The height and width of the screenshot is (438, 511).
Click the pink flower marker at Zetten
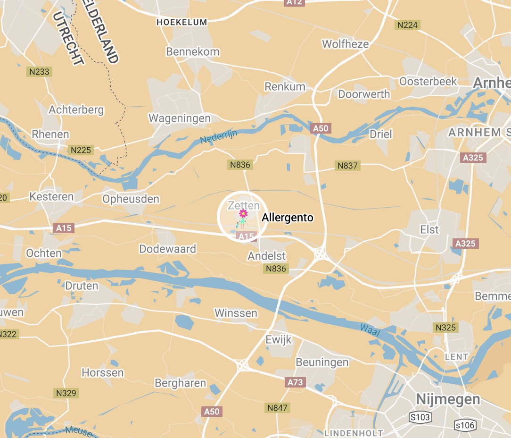click(x=243, y=214)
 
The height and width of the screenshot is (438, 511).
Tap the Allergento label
click(x=287, y=218)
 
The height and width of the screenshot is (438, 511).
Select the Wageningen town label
click(x=180, y=118)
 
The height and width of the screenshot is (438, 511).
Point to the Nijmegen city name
click(x=448, y=399)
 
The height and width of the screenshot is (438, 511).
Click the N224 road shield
click(x=408, y=25)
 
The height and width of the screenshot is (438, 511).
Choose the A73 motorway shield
click(x=295, y=382)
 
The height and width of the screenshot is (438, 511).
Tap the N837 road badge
click(x=347, y=166)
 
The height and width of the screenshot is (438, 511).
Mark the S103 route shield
click(x=420, y=418)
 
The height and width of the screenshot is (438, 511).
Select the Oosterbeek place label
click(x=428, y=81)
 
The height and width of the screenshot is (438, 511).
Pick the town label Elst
click(x=429, y=229)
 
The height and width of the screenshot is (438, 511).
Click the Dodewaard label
click(x=167, y=249)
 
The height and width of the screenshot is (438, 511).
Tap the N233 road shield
click(x=40, y=72)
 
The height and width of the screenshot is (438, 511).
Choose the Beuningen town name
click(x=322, y=362)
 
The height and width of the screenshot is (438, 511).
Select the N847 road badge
click(x=277, y=407)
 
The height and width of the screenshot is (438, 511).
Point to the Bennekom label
click(x=193, y=51)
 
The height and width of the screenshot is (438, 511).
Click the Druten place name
click(x=82, y=286)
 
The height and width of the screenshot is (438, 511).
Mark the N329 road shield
click(x=66, y=393)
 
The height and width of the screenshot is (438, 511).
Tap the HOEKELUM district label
click(x=181, y=22)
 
